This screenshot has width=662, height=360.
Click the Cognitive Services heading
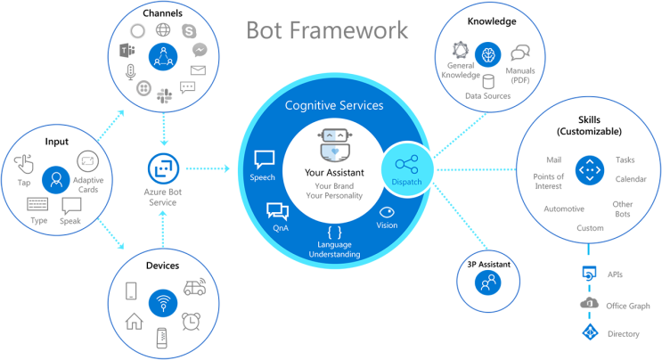[334, 105]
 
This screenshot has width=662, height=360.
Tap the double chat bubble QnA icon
[278, 211]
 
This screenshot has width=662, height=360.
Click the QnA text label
[278, 228]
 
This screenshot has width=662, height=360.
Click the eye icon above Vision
[388, 212]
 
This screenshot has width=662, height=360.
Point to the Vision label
[388, 226]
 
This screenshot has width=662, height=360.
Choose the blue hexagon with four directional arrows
[589, 169]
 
